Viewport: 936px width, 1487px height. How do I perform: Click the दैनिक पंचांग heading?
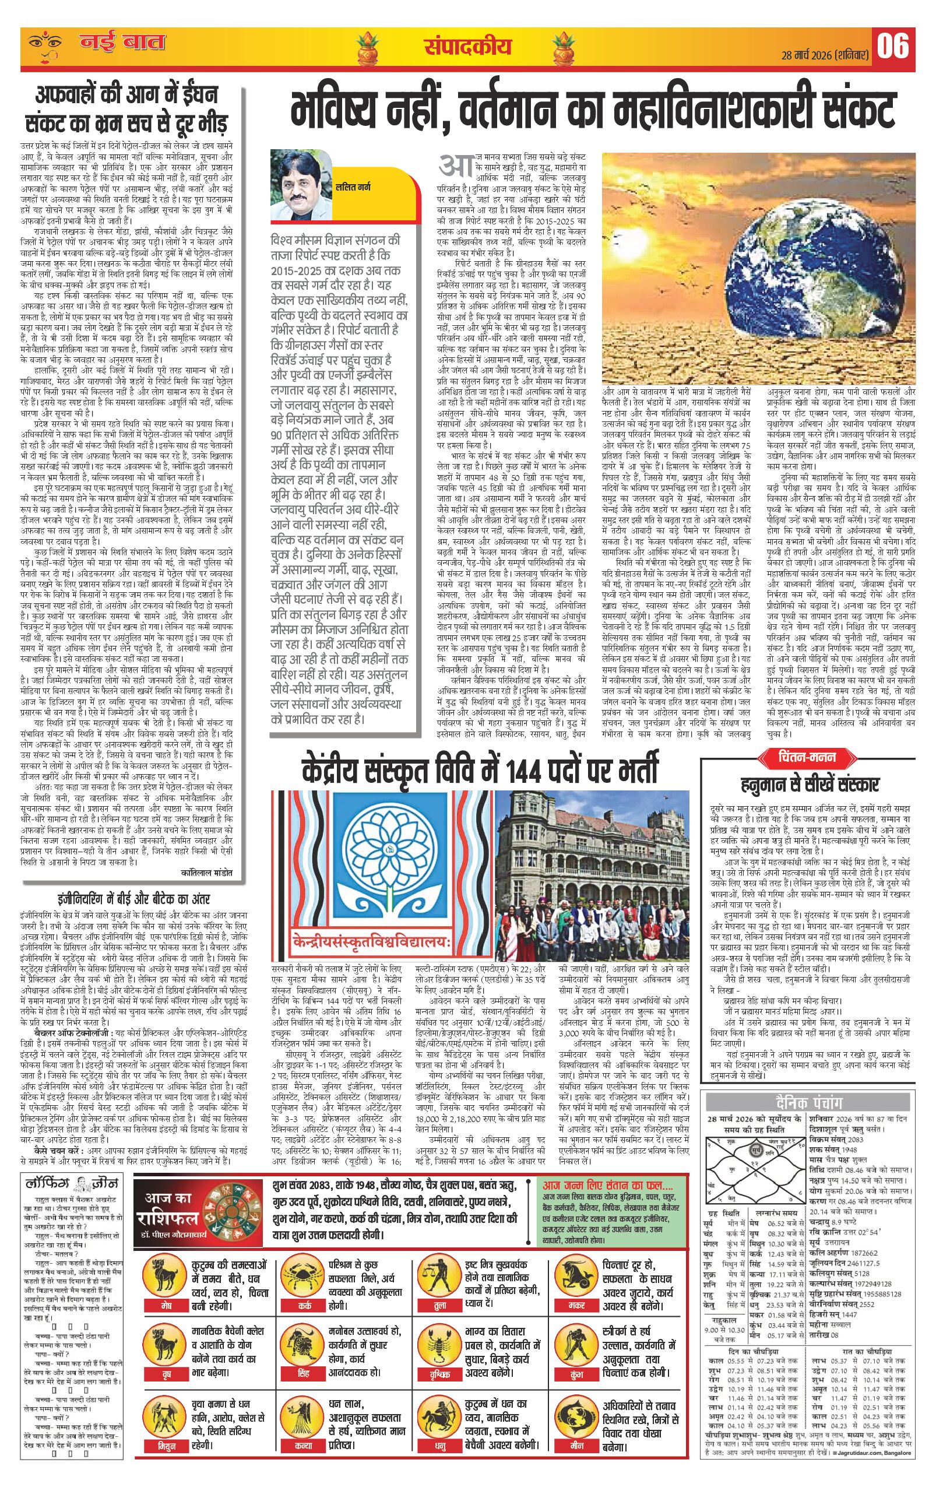tap(809, 1102)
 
